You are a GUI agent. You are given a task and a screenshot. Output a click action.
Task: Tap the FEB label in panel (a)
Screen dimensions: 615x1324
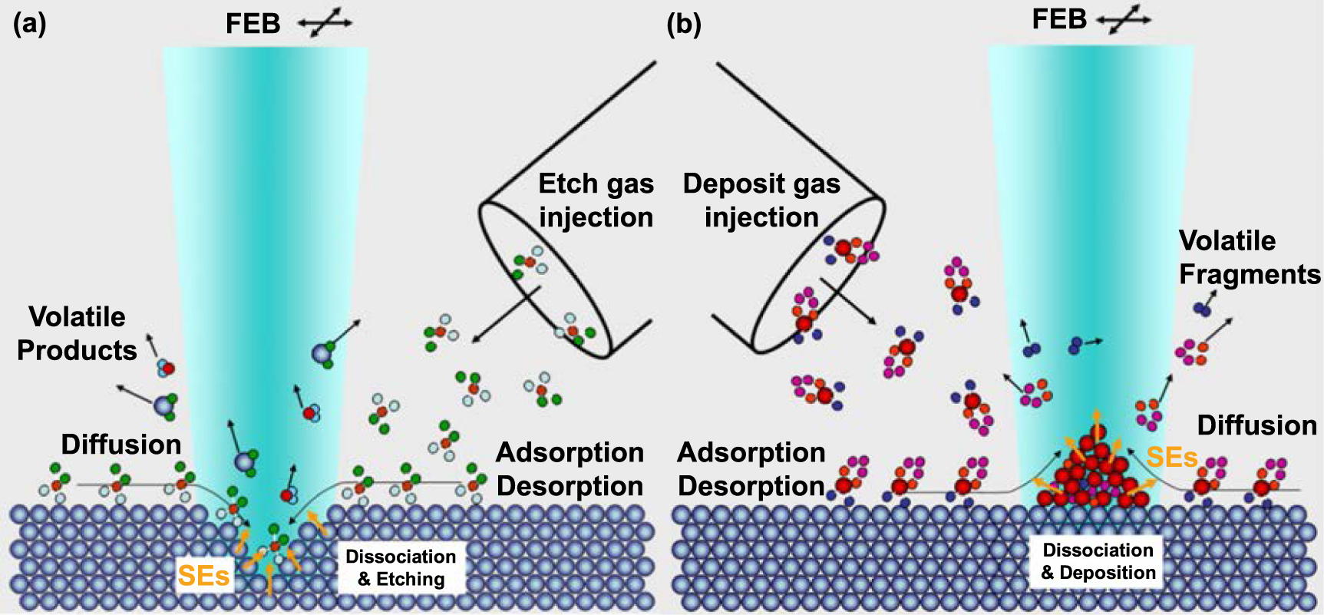coord(253,24)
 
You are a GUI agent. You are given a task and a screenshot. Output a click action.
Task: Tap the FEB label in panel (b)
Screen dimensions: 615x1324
coord(1058,19)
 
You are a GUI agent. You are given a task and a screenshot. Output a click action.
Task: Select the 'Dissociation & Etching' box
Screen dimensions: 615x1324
coord(401,568)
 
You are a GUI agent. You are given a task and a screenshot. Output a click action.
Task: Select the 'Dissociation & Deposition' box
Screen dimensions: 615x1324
coord(1098,561)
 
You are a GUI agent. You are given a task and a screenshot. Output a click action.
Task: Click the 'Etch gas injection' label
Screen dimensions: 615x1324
coord(596,200)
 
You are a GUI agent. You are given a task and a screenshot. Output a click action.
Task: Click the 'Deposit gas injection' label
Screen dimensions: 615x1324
coord(761,200)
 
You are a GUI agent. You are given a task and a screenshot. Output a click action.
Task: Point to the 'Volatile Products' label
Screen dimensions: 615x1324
coord(77,333)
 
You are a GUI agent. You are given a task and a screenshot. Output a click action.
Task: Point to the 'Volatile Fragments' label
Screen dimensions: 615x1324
coord(1250,257)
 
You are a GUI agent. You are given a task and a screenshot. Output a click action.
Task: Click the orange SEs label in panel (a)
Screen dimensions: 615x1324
coord(203,575)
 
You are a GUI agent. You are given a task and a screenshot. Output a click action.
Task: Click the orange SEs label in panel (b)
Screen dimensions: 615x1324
coord(1171,458)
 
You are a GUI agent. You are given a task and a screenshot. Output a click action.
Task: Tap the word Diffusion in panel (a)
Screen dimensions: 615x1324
coord(121,445)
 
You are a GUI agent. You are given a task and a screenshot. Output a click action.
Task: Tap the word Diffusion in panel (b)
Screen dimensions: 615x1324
coord(1256,425)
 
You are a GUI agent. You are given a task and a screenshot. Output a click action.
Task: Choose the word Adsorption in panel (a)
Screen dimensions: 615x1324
coord(570,452)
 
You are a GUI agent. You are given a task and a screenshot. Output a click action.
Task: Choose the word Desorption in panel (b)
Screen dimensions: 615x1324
coord(751,486)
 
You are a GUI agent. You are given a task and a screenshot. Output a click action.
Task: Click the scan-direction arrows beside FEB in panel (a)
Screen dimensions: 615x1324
coord(325,24)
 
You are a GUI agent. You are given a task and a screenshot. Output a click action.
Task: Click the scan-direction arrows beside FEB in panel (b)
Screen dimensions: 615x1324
coord(1124,20)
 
